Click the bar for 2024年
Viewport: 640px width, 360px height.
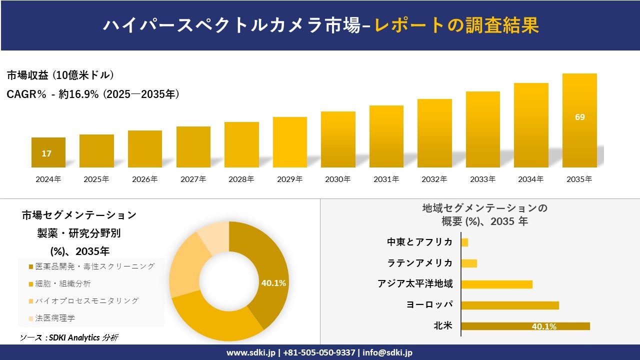(48, 152)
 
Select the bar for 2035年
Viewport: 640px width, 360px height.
(579, 120)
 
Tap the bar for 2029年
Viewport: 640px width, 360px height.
(290, 142)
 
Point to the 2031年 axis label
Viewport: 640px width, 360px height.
(386, 179)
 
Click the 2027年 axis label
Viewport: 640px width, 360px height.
(193, 179)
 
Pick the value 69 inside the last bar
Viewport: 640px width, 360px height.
(579, 117)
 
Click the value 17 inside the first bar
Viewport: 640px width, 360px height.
(46, 153)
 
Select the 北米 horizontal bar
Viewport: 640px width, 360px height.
(525, 326)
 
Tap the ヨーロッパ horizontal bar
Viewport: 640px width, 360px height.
(509, 305)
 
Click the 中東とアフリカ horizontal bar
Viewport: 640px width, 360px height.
(464, 242)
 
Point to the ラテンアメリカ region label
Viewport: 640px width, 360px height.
(420, 263)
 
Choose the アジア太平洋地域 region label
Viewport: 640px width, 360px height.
(415, 284)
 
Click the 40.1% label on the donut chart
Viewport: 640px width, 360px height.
(273, 283)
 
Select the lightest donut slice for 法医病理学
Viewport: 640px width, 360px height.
(214, 235)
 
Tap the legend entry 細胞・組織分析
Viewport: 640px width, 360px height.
(63, 283)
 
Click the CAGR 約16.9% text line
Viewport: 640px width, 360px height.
(93, 94)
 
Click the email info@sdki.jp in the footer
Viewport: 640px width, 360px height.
(387, 352)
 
